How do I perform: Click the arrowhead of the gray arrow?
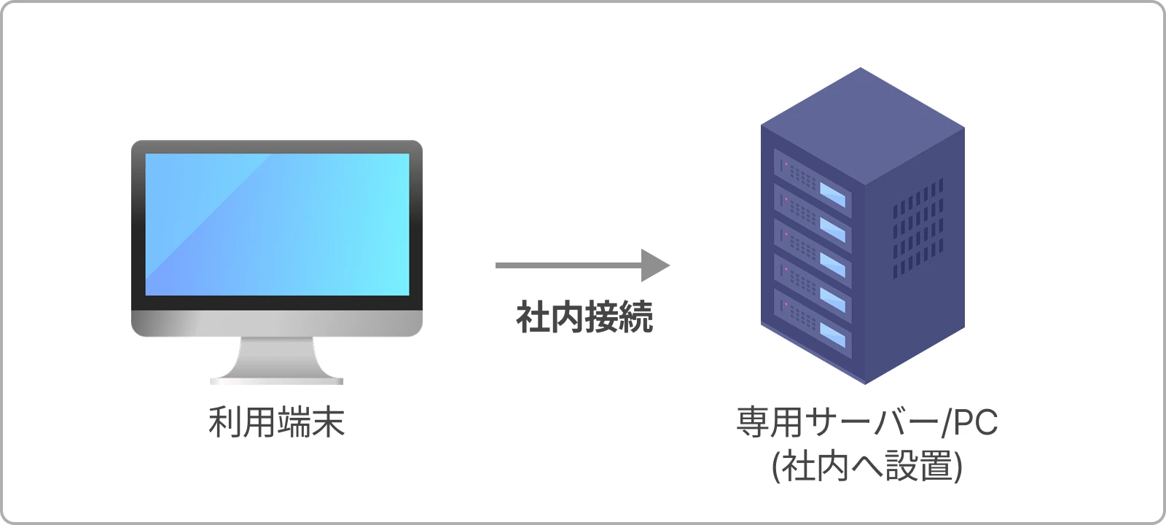[655, 265]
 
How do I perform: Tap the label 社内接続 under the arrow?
[584, 317]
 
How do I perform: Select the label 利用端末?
[276, 422]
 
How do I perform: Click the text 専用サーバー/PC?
[866, 422]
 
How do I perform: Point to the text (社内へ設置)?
[866, 466]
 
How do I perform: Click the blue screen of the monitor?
[277, 225]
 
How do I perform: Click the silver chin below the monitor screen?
[277, 323]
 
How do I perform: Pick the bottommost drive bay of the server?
[812, 323]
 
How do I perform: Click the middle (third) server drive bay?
[812, 252]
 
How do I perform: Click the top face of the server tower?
[863, 124]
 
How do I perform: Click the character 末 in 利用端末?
[328, 422]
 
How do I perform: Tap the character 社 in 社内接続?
[533, 317]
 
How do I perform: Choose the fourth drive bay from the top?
[812, 287]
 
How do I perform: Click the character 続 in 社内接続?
[635, 317]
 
